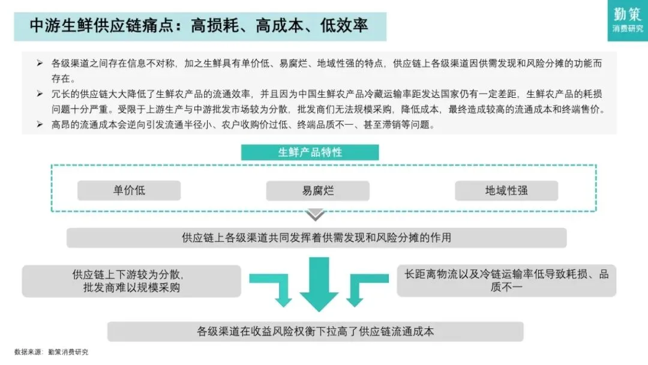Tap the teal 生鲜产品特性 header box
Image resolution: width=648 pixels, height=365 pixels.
click(x=310, y=152)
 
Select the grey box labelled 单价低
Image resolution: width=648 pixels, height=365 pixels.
click(x=129, y=191)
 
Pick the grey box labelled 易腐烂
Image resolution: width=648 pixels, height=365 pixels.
click(x=318, y=191)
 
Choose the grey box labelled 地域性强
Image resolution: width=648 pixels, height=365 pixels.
click(x=506, y=191)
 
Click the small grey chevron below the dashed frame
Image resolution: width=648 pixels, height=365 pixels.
click(x=316, y=214)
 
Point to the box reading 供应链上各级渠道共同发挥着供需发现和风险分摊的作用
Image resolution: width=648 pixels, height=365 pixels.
click(x=316, y=238)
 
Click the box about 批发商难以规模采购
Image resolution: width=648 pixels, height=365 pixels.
click(x=131, y=281)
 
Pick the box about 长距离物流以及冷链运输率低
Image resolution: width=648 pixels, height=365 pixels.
click(x=506, y=280)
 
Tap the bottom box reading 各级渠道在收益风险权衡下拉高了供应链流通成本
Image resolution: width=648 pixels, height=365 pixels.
click(x=316, y=331)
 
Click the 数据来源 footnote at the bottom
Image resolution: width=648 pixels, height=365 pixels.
click(x=51, y=352)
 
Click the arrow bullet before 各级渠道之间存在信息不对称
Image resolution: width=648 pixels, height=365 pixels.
click(x=40, y=63)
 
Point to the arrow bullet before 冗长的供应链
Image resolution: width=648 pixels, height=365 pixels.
click(x=40, y=94)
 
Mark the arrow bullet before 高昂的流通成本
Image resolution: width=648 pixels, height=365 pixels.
click(x=40, y=125)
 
